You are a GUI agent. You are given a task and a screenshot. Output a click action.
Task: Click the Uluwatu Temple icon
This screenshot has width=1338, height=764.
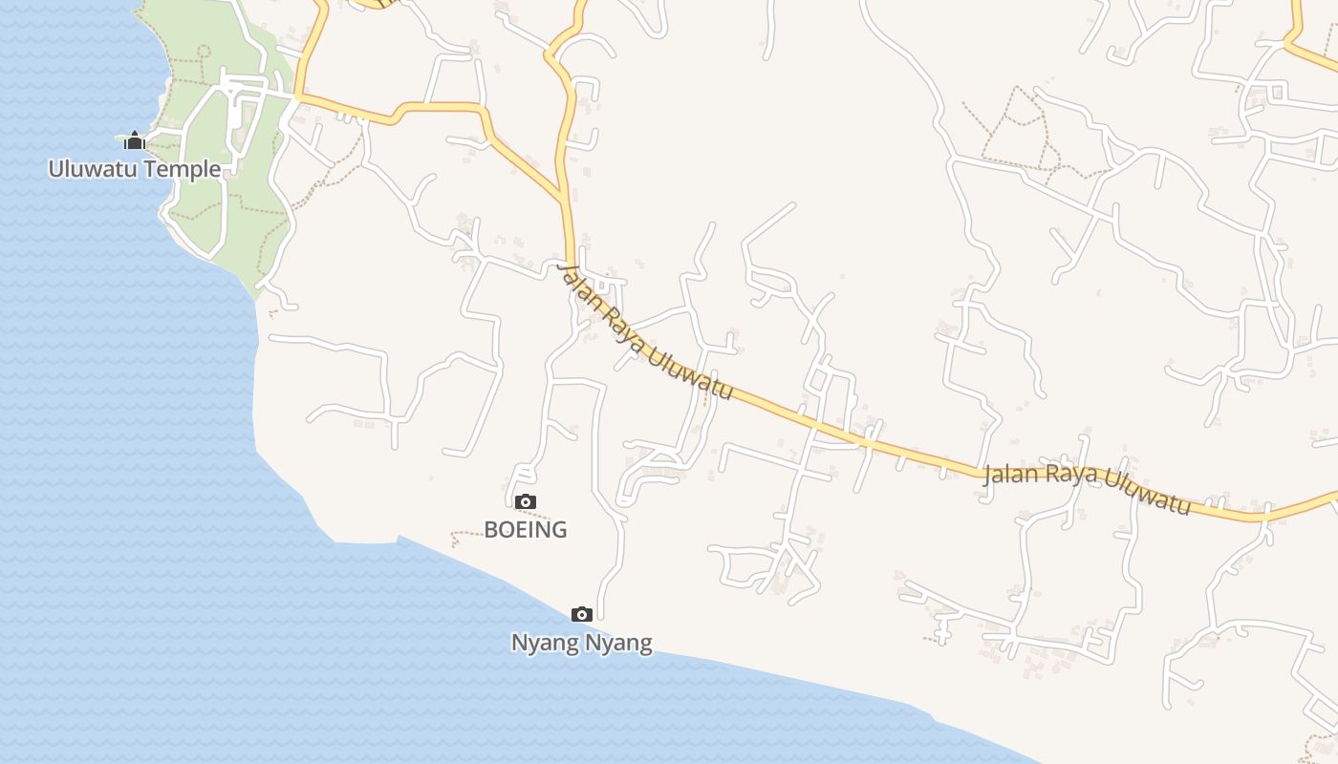pyautogui.click(x=135, y=141)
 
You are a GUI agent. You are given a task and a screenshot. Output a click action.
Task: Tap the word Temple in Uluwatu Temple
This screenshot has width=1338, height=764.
pyautogui.click(x=191, y=170)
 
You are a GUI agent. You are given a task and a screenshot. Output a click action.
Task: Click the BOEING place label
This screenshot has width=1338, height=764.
pyautogui.click(x=526, y=529)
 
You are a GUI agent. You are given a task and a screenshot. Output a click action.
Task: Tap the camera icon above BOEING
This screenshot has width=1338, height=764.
pyautogui.click(x=525, y=501)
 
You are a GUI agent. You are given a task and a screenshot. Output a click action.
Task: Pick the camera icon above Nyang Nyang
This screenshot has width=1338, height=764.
pyautogui.click(x=581, y=614)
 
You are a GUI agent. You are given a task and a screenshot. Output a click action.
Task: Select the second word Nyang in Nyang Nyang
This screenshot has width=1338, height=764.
pyautogui.click(x=618, y=643)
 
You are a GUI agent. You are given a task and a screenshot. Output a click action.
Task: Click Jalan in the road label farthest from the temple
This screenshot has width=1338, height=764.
pyautogui.click(x=1010, y=473)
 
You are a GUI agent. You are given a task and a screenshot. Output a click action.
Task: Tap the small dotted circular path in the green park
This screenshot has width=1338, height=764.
pyautogui.click(x=203, y=50)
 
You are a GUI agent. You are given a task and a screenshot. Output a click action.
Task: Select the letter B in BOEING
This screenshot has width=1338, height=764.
pyautogui.click(x=491, y=529)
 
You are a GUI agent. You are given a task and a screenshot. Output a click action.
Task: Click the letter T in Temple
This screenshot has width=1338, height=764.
pyautogui.click(x=168, y=170)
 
